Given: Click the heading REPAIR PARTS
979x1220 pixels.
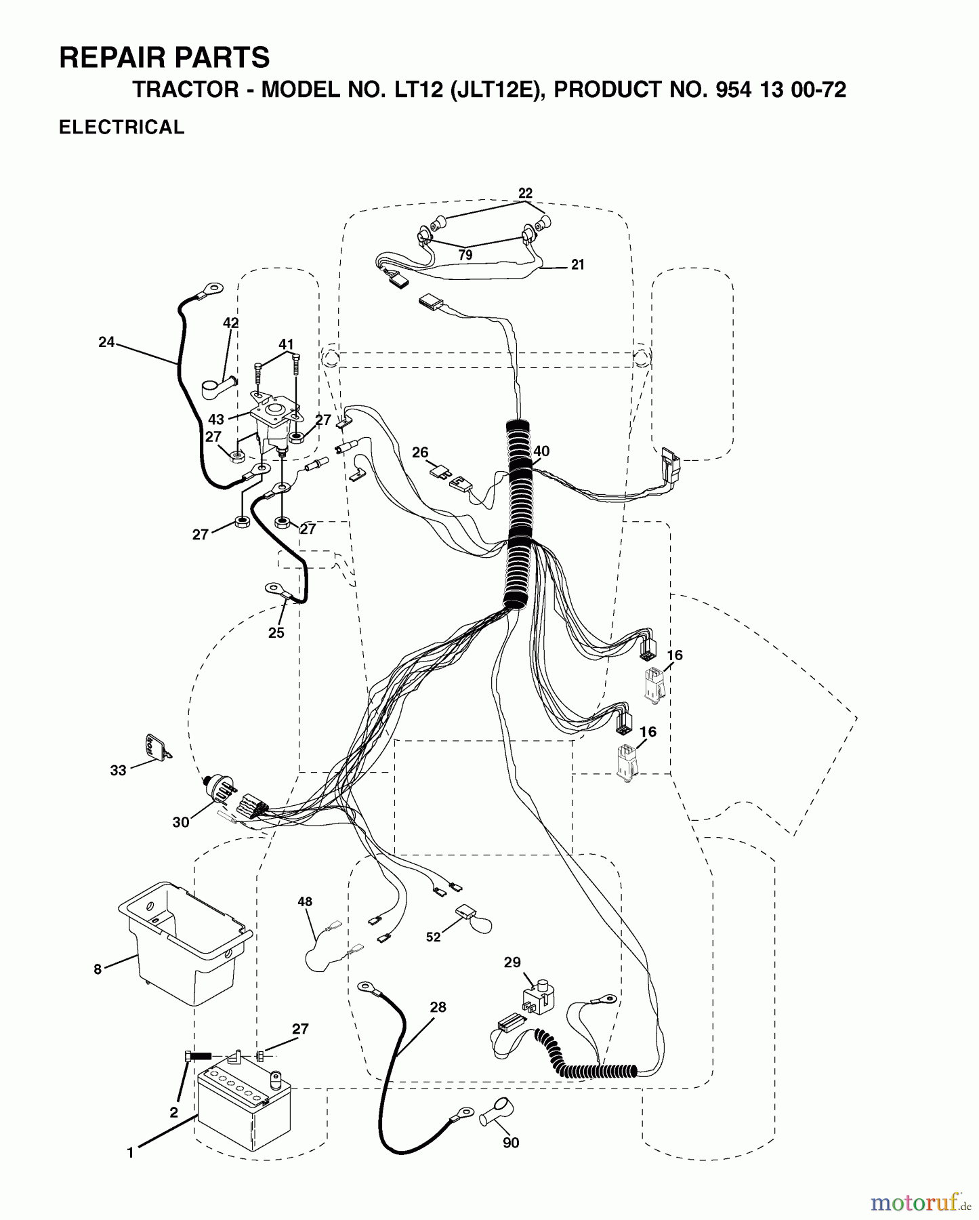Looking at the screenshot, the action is click(165, 58).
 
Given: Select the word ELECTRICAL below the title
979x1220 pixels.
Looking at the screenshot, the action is click(122, 127).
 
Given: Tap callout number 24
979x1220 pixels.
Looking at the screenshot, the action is click(106, 342).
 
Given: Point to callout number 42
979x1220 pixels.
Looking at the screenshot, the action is click(231, 323).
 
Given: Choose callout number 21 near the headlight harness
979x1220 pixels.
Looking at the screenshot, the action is click(577, 265).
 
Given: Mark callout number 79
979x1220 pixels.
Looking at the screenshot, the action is click(465, 255).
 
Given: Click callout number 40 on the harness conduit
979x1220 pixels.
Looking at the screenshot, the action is click(541, 451).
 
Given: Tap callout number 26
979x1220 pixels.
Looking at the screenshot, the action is click(420, 452).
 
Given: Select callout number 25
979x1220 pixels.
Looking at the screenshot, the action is click(276, 633).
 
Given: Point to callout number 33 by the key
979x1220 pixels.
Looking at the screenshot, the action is click(119, 770).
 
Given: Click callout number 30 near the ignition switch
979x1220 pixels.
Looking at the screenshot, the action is click(181, 823).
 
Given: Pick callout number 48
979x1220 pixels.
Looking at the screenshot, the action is click(305, 901).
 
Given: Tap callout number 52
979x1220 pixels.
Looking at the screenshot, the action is click(434, 937).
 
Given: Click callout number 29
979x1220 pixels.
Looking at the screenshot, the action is click(513, 962).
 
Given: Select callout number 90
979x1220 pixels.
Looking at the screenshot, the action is click(511, 1143).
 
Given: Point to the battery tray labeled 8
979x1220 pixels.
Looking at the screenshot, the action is click(185, 943).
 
